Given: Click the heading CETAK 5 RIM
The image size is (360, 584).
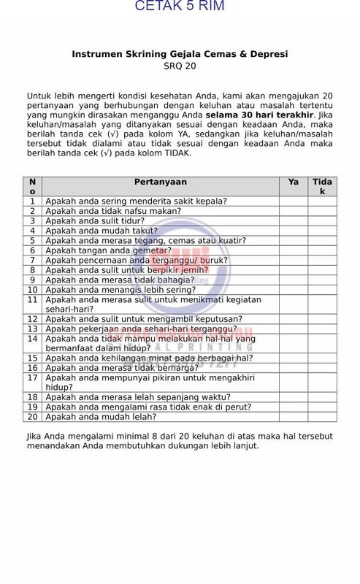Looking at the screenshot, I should click(x=180, y=6).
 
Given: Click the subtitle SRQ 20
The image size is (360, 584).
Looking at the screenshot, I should click(x=180, y=66).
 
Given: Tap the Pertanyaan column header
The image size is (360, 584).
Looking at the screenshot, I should click(x=161, y=182).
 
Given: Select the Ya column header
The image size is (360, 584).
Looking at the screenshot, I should click(x=293, y=182).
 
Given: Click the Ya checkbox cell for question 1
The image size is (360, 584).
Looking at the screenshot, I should click(x=293, y=201).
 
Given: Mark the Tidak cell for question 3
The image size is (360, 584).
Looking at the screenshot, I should click(x=322, y=220).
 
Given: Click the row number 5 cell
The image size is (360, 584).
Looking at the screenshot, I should click(x=33, y=240).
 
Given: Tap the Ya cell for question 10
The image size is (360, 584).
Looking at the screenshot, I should click(x=293, y=289).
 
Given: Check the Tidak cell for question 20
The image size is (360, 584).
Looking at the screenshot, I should click(x=322, y=417).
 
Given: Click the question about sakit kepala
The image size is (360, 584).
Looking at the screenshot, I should click(x=136, y=201).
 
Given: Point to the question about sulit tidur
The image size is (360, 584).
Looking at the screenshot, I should click(x=95, y=220).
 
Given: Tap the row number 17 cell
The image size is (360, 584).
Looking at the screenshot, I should click(x=33, y=377).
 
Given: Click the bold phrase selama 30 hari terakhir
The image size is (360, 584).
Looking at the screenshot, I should click(x=259, y=115).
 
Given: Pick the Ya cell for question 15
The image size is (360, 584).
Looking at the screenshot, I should click(x=293, y=358).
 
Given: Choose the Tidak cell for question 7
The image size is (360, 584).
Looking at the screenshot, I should click(x=322, y=260).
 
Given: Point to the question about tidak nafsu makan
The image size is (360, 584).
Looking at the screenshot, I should click(x=113, y=211).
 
